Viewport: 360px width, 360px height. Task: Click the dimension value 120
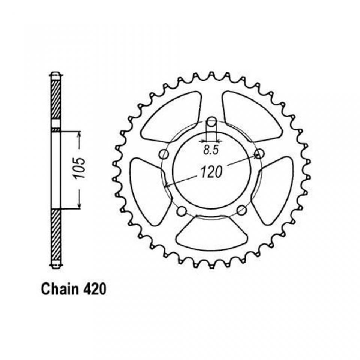pyautogui.click(x=211, y=172)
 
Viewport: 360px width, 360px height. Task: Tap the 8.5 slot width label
pyautogui.click(x=211, y=150)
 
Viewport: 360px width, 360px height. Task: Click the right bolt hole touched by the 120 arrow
pyautogui.click(x=259, y=154)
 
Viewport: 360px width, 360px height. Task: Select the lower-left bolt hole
pyautogui.click(x=182, y=210)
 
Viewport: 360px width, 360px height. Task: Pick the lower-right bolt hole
pyautogui.click(x=241, y=210)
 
